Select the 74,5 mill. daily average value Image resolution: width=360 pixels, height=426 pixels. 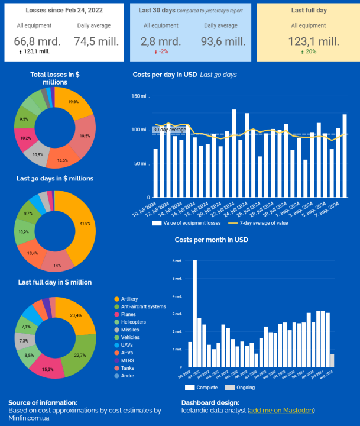96,41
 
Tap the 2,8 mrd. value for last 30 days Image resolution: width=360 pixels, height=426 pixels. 161,41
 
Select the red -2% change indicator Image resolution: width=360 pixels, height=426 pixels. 160,51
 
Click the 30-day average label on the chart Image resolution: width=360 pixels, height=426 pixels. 170,130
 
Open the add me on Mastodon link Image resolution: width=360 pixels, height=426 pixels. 281,410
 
